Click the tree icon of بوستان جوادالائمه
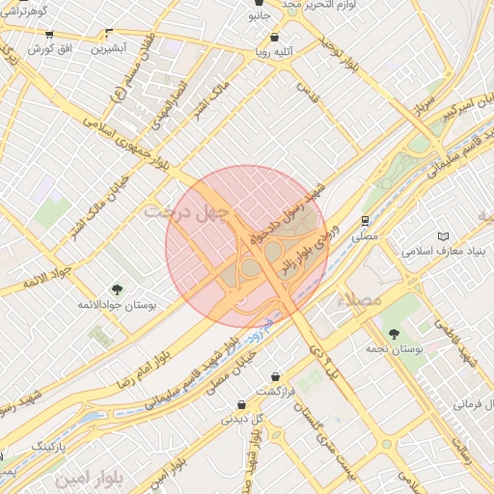pos(117,288)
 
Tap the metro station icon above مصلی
pos(365,220)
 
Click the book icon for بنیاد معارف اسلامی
pos(443,236)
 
